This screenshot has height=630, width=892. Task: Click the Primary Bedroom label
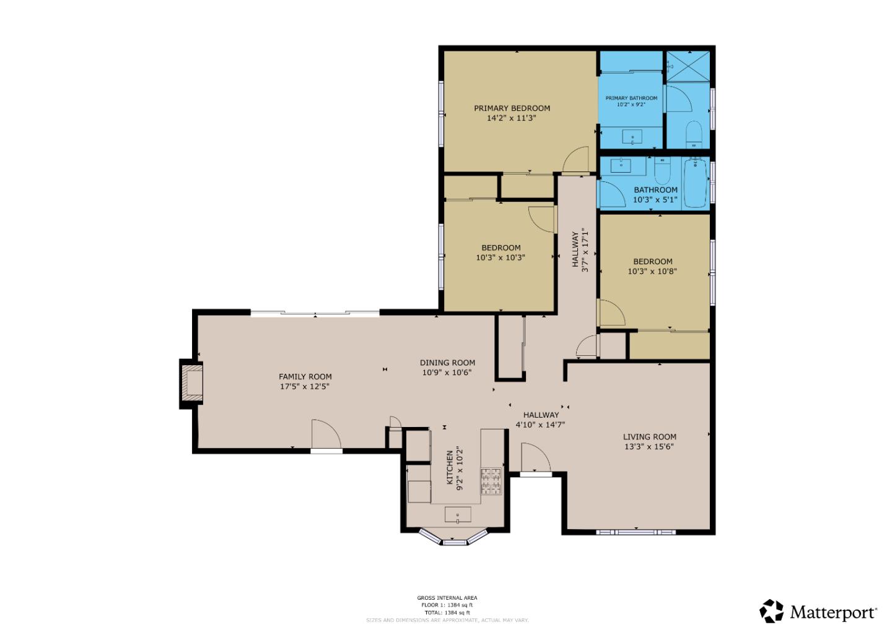click(x=512, y=108)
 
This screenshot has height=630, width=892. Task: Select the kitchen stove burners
click(x=491, y=481)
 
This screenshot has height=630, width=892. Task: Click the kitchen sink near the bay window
click(x=458, y=514)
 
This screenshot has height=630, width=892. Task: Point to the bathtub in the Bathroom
click(x=695, y=183)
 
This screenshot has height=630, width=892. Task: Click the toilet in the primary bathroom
click(x=694, y=135)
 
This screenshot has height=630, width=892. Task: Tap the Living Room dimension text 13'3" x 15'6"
click(x=649, y=446)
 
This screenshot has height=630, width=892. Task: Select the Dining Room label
click(x=447, y=363)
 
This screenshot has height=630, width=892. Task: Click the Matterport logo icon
click(x=772, y=611)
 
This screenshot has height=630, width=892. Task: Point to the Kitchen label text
click(x=450, y=467)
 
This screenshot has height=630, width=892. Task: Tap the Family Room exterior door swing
click(x=326, y=434)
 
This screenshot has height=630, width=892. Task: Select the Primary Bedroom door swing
click(x=576, y=160)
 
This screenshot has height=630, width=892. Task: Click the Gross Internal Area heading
click(x=447, y=598)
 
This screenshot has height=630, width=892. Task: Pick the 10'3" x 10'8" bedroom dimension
click(x=652, y=271)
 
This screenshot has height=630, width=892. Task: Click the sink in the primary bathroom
click(x=632, y=137)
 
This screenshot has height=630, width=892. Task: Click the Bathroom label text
click(x=655, y=190)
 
